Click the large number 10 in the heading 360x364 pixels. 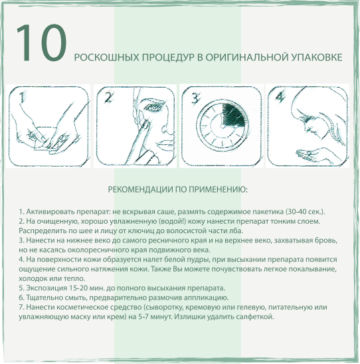click(x=42, y=43)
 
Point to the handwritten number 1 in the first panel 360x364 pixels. click(x=22, y=98)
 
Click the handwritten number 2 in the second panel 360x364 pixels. click(x=108, y=97)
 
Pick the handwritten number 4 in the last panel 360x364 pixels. click(x=280, y=96)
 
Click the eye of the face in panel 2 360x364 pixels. click(x=151, y=108)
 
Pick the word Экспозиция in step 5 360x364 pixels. click(x=47, y=288)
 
